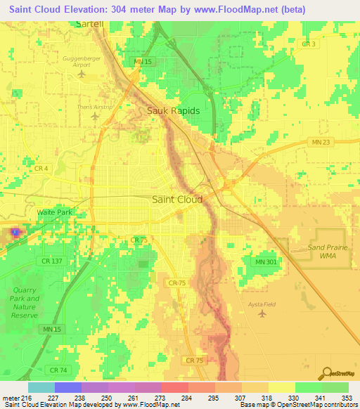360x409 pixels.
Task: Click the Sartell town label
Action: [89, 24]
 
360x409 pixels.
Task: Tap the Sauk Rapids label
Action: [173, 111]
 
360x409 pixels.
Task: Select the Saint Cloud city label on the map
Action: [177, 199]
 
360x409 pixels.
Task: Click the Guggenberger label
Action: [84, 58]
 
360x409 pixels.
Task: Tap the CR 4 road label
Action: [41, 169]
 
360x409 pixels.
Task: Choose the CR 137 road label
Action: [52, 261]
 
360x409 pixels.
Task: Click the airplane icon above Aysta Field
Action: [263, 313]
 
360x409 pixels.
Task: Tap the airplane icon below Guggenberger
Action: [84, 73]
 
